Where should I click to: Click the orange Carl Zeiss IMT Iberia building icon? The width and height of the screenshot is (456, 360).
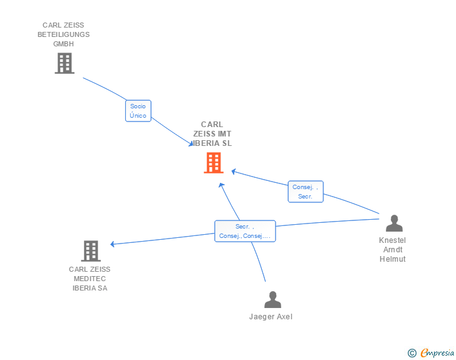point(214,163)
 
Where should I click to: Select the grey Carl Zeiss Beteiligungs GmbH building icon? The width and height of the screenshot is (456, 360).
point(64,63)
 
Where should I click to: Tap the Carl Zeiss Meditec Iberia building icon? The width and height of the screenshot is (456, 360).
point(91,250)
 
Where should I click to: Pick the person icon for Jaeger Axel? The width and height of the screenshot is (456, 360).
point(272,299)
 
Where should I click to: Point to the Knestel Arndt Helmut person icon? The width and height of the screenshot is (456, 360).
point(394,223)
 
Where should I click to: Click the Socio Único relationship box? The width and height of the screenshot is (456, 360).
point(138,111)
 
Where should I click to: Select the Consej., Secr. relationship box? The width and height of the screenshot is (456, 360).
point(305,192)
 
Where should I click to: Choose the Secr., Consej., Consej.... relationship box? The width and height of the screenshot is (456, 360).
point(244,231)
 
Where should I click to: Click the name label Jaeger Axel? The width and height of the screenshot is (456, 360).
point(271,317)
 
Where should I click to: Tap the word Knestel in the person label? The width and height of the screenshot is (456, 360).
point(392,240)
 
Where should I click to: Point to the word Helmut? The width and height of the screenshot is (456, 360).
point(392,259)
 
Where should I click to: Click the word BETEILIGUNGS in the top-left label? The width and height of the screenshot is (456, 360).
point(63,34)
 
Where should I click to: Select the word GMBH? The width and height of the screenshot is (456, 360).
point(63,44)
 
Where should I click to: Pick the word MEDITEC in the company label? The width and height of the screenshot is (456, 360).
point(90,279)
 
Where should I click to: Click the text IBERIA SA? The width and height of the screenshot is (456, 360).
point(90,288)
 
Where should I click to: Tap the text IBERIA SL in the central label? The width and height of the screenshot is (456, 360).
point(214,143)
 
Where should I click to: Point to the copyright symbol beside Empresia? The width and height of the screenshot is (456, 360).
point(412,353)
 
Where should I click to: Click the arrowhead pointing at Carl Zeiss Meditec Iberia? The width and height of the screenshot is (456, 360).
point(113,244)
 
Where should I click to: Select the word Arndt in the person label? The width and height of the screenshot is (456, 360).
point(392,250)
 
